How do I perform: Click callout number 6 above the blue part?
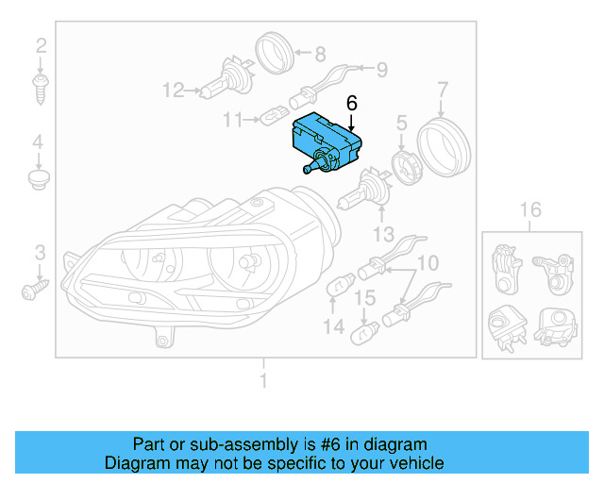pos(352,103)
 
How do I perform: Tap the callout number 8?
pos(320,54)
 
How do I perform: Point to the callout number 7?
pos(442,91)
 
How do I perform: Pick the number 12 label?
pos(173,91)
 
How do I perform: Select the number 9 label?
pos(382,69)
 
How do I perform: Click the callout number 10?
pos(428,261)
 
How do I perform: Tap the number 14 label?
pos(333,326)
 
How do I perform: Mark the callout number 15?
pos(365,298)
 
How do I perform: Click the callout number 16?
pos(531,208)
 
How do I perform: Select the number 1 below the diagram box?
pos(264,380)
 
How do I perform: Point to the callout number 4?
pos(39,143)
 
